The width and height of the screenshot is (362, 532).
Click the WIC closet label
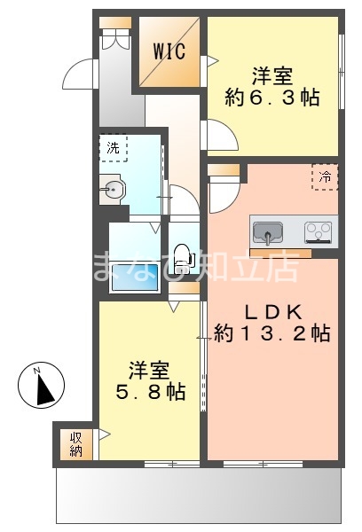click(x=169, y=51)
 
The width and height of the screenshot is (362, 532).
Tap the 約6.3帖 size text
click(x=272, y=98)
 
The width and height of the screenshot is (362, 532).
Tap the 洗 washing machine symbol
click(x=114, y=148)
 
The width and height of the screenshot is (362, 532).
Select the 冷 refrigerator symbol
click(x=325, y=176)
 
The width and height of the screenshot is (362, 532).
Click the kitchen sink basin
click(x=266, y=233)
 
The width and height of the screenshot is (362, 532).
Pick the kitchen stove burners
click(x=319, y=232)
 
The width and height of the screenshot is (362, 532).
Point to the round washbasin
click(x=114, y=188)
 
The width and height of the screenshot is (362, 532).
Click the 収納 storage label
click(x=74, y=443)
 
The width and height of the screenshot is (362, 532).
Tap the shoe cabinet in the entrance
click(x=114, y=39)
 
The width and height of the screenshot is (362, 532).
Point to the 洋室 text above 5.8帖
click(x=149, y=366)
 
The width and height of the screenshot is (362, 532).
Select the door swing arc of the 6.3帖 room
click(x=219, y=137)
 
